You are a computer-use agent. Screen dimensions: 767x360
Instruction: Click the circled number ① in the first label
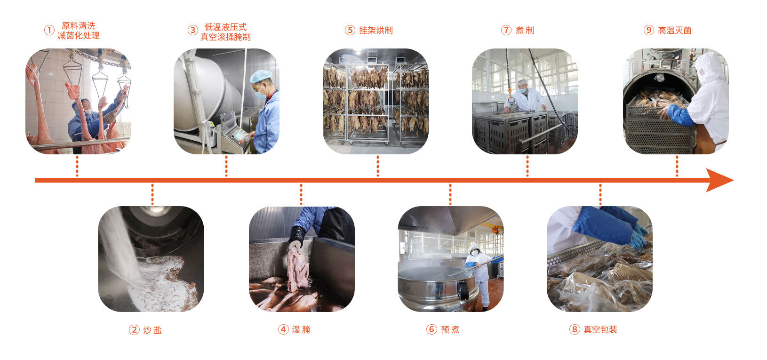pyautogui.click(x=49, y=30)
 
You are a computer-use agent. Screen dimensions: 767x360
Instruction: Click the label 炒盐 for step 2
pyautogui.click(x=152, y=330)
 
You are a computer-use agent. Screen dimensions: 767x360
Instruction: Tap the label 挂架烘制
pyautogui.click(x=376, y=30)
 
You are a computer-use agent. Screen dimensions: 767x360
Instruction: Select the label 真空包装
pyautogui.click(x=600, y=329)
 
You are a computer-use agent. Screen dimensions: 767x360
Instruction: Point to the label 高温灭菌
pyautogui.click(x=675, y=30)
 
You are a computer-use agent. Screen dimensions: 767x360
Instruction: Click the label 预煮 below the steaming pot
pyautogui.click(x=450, y=329)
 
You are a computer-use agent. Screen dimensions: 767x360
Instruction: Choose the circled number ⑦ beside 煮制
pyautogui.click(x=506, y=30)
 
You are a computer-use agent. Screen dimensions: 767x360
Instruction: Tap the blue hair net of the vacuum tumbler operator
pyautogui.click(x=261, y=76)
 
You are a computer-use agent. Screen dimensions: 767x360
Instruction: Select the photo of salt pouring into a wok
pyautogui.click(x=151, y=259)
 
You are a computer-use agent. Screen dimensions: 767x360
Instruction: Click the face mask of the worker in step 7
pyautogui.click(x=522, y=91)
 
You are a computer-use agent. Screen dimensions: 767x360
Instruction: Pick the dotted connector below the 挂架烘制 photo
pyautogui.click(x=378, y=166)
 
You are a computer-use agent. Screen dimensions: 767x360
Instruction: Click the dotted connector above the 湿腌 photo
pyautogui.click(x=301, y=194)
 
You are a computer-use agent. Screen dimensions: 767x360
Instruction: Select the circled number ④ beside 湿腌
pyautogui.click(x=283, y=329)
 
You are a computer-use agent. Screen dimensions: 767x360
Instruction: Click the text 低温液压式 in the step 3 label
pyautogui.click(x=225, y=27)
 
